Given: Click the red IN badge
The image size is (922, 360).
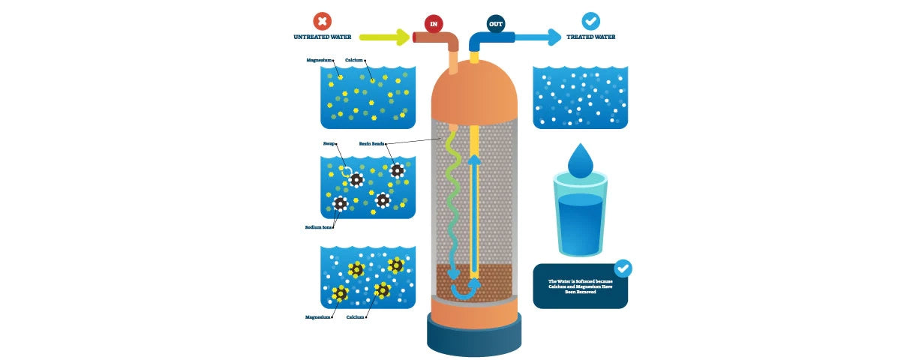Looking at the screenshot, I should (x=433, y=23).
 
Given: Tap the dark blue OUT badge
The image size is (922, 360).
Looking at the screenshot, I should (x=496, y=23).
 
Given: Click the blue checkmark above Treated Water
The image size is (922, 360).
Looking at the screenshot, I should (x=591, y=21).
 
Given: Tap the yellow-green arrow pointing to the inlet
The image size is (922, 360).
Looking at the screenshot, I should (x=384, y=37).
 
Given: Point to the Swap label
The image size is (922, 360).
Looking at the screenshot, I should (x=329, y=142).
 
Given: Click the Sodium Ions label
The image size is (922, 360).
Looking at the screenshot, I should (x=319, y=226).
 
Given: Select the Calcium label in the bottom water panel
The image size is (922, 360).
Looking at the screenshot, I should (x=356, y=317).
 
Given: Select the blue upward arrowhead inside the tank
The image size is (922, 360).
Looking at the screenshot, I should (x=474, y=158).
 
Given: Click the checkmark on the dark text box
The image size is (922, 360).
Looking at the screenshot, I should (x=623, y=268).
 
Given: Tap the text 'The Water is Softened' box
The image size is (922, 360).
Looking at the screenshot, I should (x=579, y=286).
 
